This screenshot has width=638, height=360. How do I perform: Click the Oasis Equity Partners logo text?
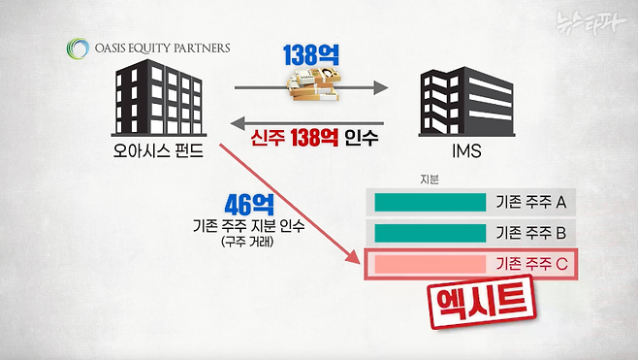pos(156,46)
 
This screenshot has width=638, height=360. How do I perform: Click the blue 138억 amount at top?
pos(312,55)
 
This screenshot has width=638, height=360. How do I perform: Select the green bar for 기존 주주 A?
pos(430,202)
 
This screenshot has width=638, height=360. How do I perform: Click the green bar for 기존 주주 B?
pos(430,233)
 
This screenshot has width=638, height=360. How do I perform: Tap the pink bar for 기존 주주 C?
pos(430,264)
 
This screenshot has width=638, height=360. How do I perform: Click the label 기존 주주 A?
pos(530,202)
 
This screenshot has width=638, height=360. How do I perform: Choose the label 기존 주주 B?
pos(530,233)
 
